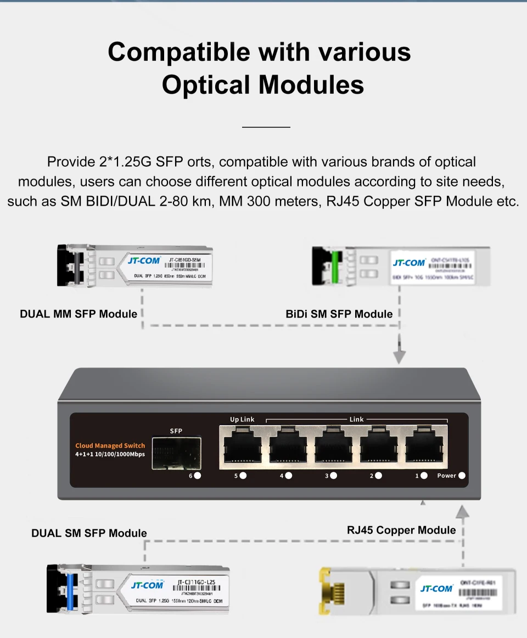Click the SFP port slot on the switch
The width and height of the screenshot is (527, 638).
pyautogui.click(x=176, y=454)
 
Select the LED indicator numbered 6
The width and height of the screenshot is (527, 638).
pyautogui.click(x=197, y=476)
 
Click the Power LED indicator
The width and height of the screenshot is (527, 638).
pyautogui.click(x=462, y=476)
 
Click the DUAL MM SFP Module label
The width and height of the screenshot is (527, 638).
pyautogui.click(x=79, y=314)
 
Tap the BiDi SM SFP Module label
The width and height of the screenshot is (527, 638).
pyautogui.click(x=339, y=314)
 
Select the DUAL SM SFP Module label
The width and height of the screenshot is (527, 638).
pyautogui.click(x=89, y=533)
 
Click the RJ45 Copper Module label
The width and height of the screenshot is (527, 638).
pyautogui.click(x=401, y=530)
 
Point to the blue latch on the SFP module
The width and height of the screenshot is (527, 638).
pyautogui.click(x=70, y=588)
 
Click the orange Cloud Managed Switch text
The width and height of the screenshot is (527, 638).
pyautogui.click(x=110, y=445)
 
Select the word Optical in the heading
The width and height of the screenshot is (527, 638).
pyautogui.click(x=206, y=84)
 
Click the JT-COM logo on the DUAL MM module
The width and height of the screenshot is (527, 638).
pyautogui.click(x=144, y=260)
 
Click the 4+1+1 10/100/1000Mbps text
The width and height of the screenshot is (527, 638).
pyautogui.click(x=110, y=455)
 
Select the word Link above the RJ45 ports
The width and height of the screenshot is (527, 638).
pyautogui.click(x=357, y=419)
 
